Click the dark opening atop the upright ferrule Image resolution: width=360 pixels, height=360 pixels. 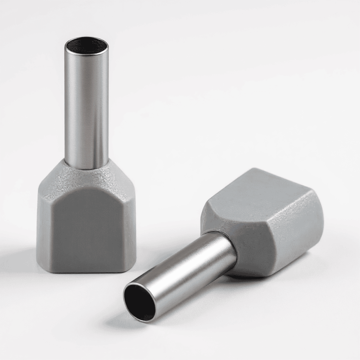tap(86, 45)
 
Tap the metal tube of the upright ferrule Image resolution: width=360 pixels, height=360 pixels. tap(86, 105)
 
